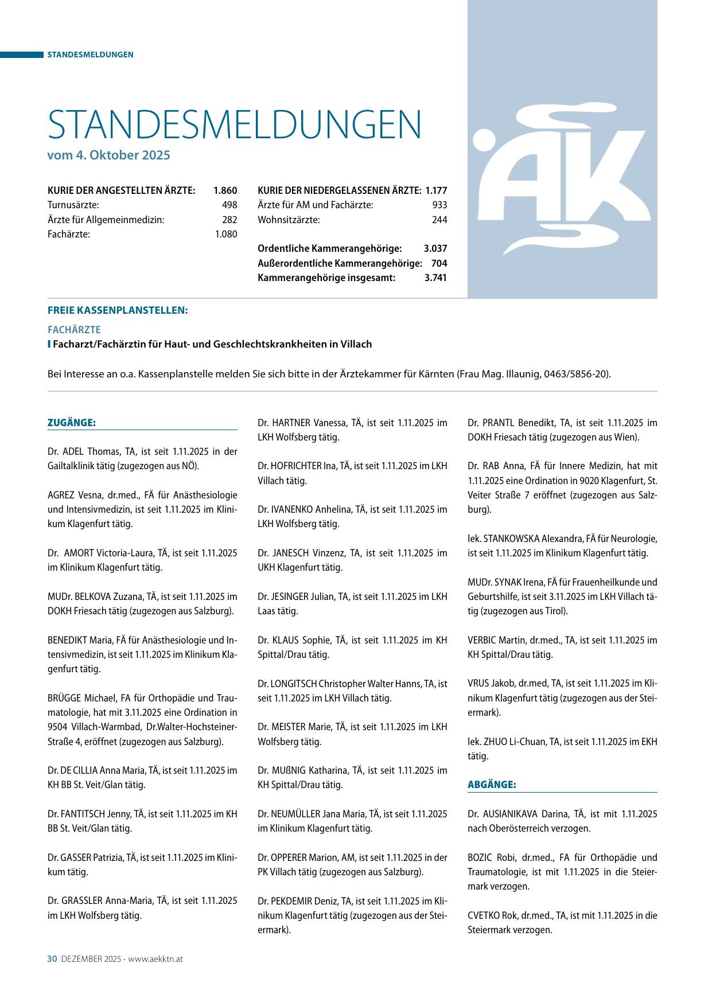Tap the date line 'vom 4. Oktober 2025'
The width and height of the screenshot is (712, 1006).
pos(109,155)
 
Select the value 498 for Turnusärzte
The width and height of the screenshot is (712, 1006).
pos(229,205)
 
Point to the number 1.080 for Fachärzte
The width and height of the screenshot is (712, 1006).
pos(225,234)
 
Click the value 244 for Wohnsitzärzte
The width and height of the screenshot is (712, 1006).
pos(439,220)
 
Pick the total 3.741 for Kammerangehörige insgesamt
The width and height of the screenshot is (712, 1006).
pos(435,278)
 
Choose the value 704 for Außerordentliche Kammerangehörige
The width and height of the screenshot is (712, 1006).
pos(439,263)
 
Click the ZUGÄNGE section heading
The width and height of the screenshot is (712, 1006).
pos(71,423)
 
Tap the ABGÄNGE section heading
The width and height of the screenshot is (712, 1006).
pos(492,785)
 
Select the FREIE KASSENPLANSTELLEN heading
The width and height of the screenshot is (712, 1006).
pos(118,310)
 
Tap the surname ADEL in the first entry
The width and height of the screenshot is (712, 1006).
pos(73,451)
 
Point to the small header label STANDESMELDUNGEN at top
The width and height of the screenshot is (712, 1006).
pos(90,54)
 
